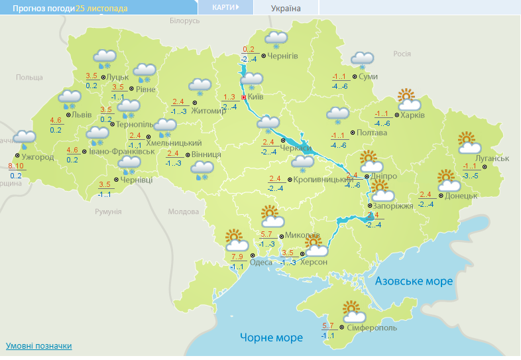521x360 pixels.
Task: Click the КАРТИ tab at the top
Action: coord(225,7)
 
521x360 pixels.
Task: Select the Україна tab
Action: coord(286,9)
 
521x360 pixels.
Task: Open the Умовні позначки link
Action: coord(38,346)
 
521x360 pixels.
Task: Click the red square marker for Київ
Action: coord(243,97)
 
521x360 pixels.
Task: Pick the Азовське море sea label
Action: coord(414,281)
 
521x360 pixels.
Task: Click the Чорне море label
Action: coord(271,337)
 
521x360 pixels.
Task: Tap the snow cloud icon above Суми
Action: coord(362,60)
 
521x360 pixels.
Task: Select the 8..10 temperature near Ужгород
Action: coord(15,166)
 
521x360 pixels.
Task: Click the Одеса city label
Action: coord(260,262)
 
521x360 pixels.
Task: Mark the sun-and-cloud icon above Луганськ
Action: coord(468,142)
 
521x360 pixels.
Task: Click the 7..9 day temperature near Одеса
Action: coord(237,257)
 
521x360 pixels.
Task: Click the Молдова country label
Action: coord(183,211)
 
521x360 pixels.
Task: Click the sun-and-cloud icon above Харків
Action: coord(409,99)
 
